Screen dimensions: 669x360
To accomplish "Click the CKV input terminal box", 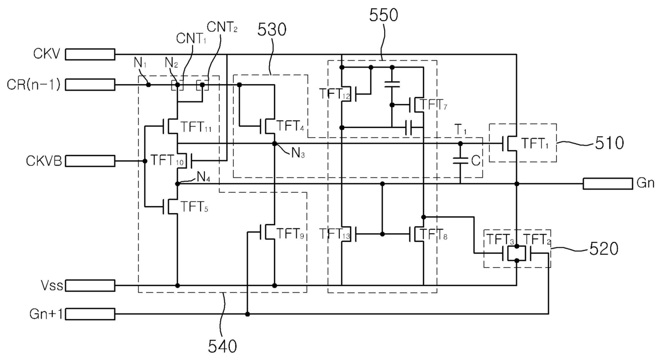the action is click(90, 55).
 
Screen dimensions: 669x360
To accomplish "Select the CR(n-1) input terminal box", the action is click(90, 85).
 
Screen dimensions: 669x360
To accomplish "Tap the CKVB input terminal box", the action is click(90, 161).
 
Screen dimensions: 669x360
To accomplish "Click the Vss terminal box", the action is click(90, 286).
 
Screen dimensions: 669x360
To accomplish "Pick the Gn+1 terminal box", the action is click(90, 314).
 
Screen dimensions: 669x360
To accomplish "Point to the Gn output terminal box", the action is click(608, 184).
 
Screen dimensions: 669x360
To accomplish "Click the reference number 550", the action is click(384, 15).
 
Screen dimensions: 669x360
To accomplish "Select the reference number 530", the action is click(272, 30).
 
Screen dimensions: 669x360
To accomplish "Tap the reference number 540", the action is click(222, 347).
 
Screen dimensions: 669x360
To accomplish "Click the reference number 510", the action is click(609, 143).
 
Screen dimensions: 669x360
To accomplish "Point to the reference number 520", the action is click(604, 249).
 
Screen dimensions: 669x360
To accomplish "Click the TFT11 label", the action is click(196, 127).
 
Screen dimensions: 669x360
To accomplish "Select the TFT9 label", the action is click(290, 234).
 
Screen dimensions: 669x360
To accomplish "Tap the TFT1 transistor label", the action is click(535, 144).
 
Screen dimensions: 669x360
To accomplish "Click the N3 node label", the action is click(298, 153).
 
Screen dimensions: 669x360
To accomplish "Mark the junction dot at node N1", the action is click(148, 85).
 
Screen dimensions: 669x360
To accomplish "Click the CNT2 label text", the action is click(222, 27).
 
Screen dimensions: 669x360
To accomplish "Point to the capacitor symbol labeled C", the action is click(460, 161).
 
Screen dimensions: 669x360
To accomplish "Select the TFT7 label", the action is click(434, 105).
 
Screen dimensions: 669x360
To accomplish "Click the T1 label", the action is click(460, 130).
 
